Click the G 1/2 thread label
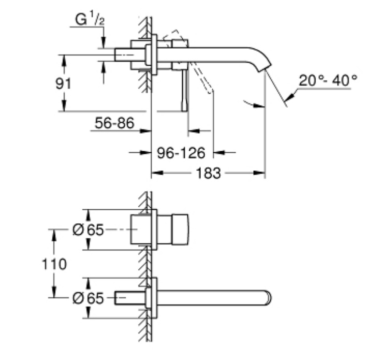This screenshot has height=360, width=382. [90, 19]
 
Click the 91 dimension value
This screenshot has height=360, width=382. [63, 83]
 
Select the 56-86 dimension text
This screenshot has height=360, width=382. [114, 123]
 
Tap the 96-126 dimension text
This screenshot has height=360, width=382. [181, 153]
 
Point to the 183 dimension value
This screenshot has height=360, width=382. [208, 174]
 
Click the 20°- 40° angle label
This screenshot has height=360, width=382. [328, 80]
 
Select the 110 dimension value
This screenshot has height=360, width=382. [54, 264]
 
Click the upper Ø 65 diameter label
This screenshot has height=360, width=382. [88, 229]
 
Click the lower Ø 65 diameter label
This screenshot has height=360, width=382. [88, 298]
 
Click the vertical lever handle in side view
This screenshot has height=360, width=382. [185, 91]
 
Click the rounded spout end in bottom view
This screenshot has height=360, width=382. [268, 298]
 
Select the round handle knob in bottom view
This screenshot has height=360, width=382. [180, 229]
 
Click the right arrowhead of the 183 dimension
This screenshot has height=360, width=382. [259, 173]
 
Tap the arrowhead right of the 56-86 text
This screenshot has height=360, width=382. [145, 131]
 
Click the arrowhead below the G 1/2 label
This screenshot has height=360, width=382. [104, 42]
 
